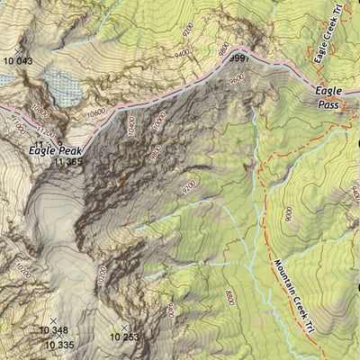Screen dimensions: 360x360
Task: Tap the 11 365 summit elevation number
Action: point(68,163)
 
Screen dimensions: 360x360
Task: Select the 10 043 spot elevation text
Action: point(17,60)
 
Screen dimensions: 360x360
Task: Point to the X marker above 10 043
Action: point(20,50)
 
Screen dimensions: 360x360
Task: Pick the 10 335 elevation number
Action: point(59,344)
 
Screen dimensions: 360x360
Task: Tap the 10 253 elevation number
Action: point(125,337)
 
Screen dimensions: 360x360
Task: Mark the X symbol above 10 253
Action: point(124,327)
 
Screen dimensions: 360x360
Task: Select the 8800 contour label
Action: point(231,298)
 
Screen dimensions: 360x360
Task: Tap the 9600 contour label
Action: point(237,78)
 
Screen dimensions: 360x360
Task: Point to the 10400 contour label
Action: point(131,126)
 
